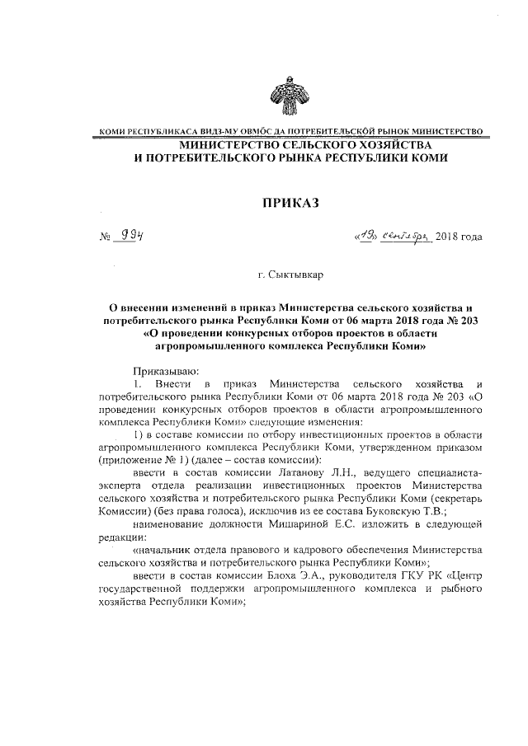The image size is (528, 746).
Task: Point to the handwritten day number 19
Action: (365, 235)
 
